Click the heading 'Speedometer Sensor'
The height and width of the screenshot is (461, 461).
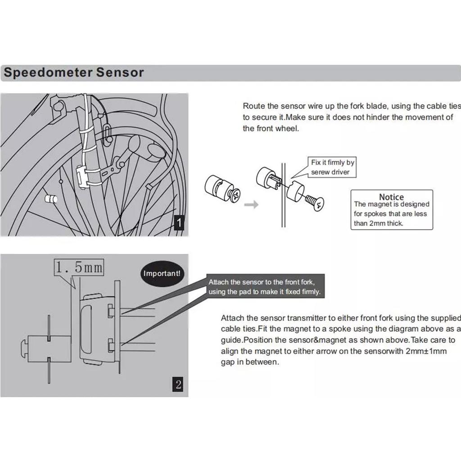pos(74,72)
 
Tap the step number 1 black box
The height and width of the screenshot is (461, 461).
pos(179,222)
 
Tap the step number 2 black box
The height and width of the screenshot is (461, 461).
pos(178,384)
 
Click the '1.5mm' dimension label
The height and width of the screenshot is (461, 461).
pos(79,268)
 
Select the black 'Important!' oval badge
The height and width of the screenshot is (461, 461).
pos(162,273)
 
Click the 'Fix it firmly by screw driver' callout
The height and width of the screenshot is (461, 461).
pos(333,167)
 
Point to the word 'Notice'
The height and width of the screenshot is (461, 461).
pos(391,197)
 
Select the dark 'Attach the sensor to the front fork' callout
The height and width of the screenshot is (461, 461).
pos(264,287)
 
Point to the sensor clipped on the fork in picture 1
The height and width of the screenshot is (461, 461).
pos(82,176)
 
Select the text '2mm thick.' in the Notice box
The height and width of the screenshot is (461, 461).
pos(379,223)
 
